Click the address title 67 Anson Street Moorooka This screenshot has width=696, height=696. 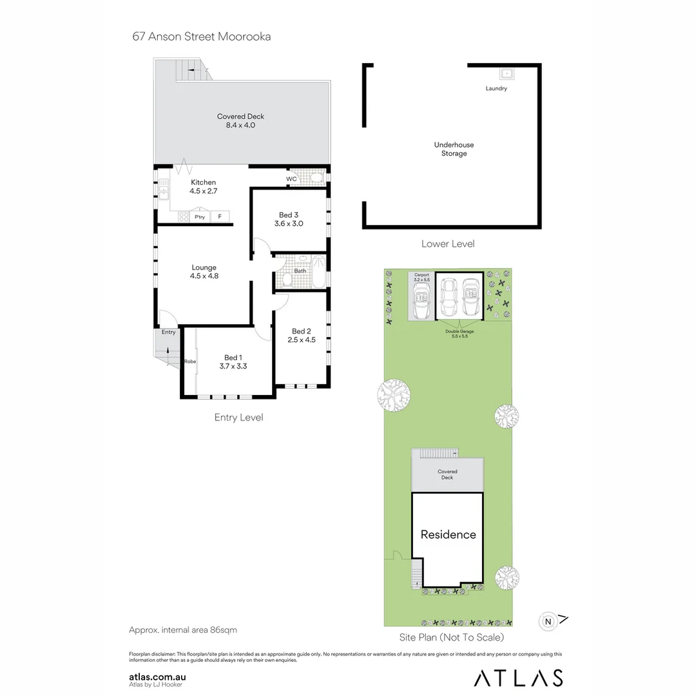click(x=201, y=36)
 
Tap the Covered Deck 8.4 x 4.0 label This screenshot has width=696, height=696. click(x=240, y=121)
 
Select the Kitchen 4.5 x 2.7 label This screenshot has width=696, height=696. click(x=203, y=187)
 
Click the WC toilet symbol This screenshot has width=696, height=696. click(x=316, y=179)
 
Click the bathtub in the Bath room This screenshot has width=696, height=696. click(x=318, y=271)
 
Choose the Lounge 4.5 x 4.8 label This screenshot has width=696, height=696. click(x=204, y=272)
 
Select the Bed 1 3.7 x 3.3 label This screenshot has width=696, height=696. click(x=233, y=362)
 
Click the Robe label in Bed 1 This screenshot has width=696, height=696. click(x=189, y=362)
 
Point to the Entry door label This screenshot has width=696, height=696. click(x=169, y=333)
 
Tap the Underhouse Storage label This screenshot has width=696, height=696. click(x=454, y=150)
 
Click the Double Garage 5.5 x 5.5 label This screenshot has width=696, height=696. click(x=459, y=334)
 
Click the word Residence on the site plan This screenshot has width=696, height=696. click(x=448, y=534)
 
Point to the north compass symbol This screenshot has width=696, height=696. click(x=548, y=621)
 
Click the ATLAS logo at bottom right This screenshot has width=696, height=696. click(x=518, y=677)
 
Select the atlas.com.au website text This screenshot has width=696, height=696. click(x=157, y=677)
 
